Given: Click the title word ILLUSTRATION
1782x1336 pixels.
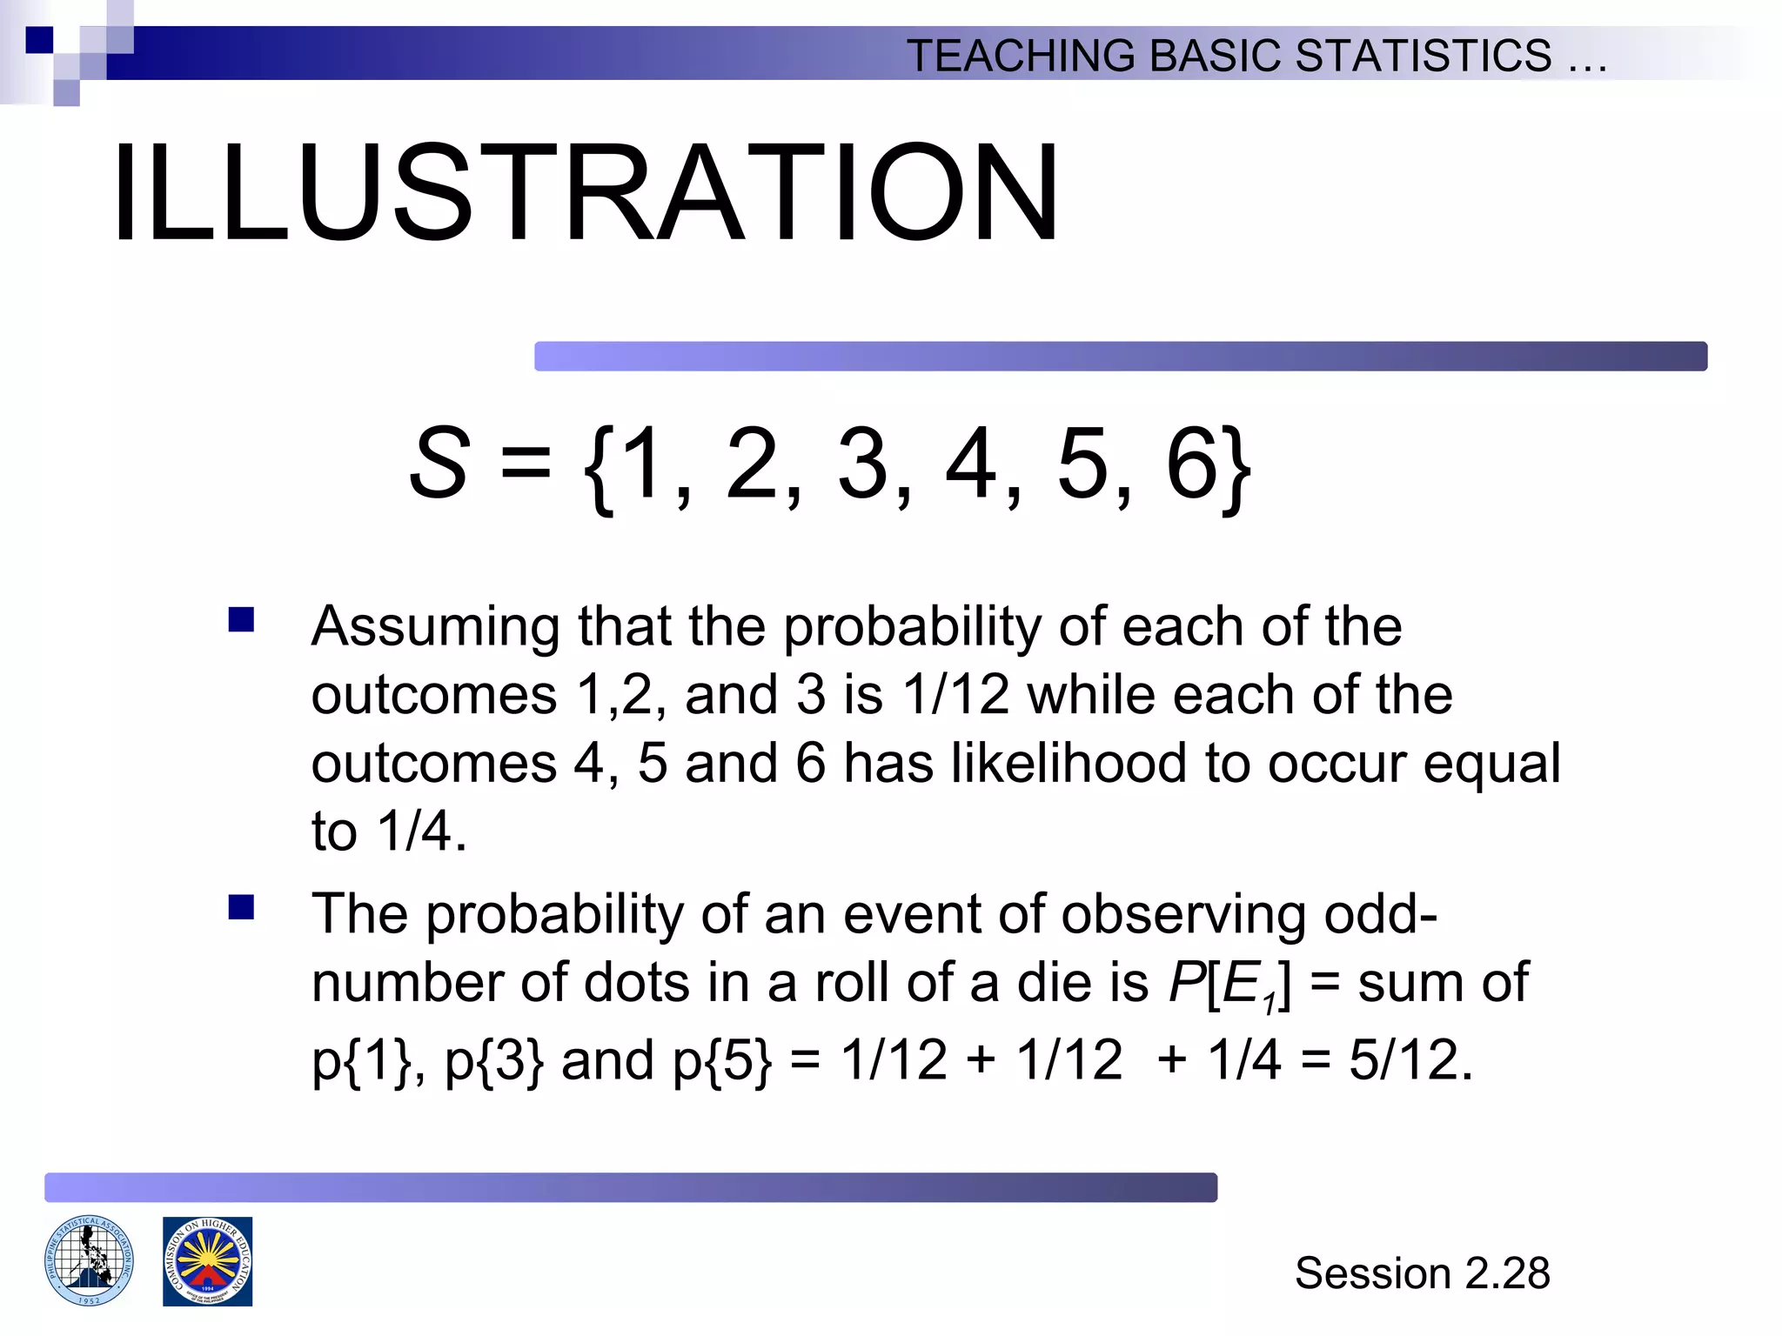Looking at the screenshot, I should (585, 193).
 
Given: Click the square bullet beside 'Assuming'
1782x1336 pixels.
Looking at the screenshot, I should (241, 620).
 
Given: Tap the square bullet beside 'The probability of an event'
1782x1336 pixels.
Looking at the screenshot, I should (241, 908).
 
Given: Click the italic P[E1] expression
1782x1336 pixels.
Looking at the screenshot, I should (1229, 985).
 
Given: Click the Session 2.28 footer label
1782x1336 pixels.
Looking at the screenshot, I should (1422, 1273).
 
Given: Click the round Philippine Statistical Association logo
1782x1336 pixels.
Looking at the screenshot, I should (89, 1261).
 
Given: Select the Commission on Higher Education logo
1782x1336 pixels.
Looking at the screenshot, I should (208, 1261).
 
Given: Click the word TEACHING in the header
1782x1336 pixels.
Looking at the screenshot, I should (1021, 57).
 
